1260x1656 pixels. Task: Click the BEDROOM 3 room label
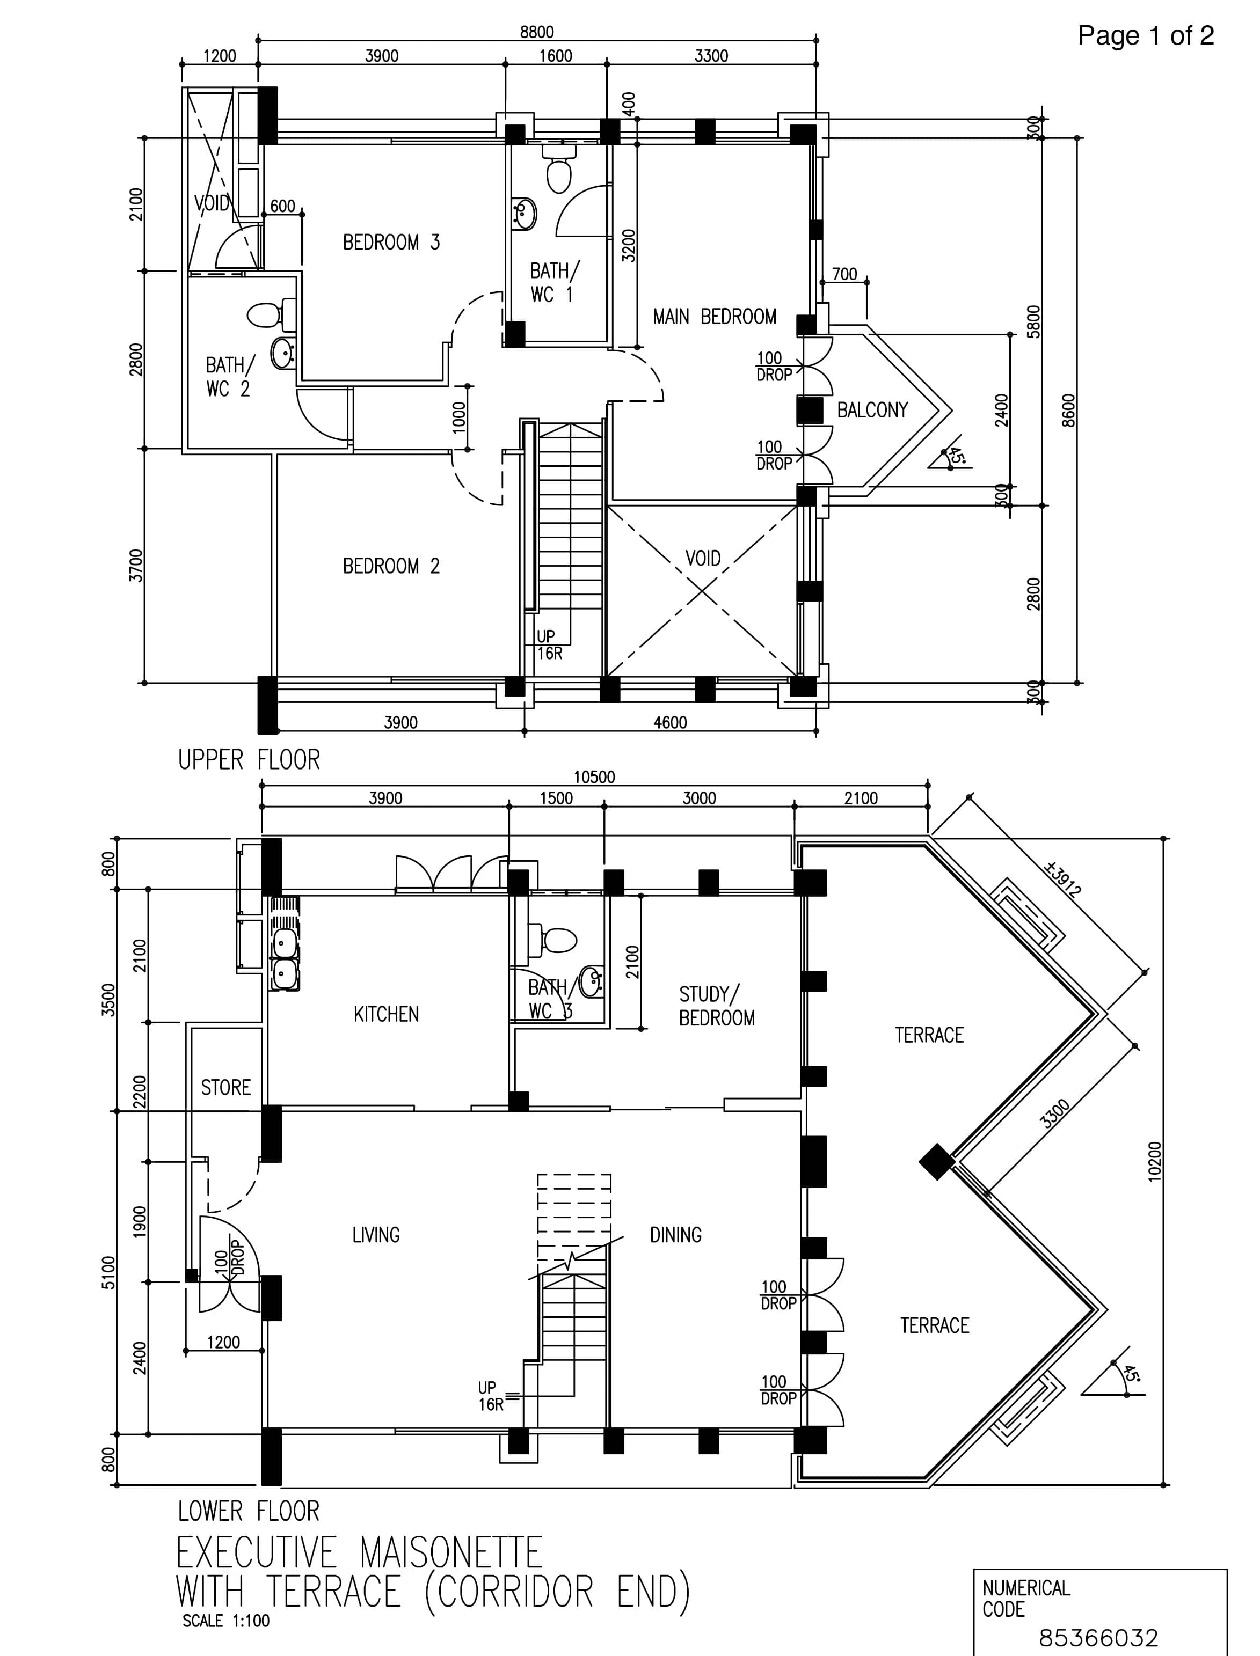[x=391, y=242]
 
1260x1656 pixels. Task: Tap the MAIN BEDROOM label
[x=714, y=317]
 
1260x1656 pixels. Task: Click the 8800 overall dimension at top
[x=536, y=32]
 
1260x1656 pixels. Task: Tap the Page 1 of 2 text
[x=1145, y=35]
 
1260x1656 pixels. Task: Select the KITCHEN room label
[x=385, y=1014]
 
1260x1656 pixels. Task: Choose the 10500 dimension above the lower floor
[x=594, y=778]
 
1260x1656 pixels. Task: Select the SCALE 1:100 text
[x=226, y=1621]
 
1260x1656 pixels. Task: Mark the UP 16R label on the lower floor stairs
[x=489, y=1396]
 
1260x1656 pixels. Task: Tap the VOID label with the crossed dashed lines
[x=703, y=559]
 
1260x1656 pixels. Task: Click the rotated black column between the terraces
[x=936, y=1162]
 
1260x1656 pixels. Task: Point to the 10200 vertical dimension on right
[x=1154, y=1161]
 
